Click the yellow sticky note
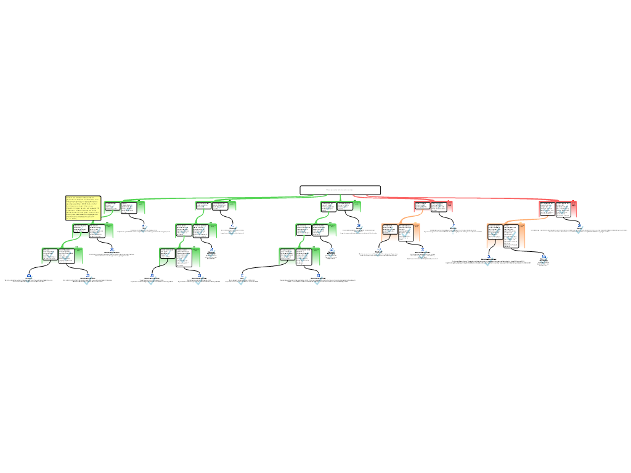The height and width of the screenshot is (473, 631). coord(83,208)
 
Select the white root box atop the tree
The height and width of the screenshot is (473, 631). coord(340,190)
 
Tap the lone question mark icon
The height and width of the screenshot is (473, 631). coord(453,230)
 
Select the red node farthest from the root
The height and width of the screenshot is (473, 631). coord(558,209)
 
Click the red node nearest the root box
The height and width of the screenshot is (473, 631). coord(433,206)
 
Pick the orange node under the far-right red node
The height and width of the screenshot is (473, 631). coord(505,235)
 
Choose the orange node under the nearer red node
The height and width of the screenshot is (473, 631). coord(400,232)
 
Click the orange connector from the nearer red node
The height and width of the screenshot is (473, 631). coord(409,216)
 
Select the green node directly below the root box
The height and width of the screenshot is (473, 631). coord(340,206)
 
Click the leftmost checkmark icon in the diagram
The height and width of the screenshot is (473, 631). coord(29,279)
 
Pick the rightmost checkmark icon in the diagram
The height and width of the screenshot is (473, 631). coord(579,230)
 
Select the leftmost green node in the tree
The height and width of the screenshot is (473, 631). coord(62,256)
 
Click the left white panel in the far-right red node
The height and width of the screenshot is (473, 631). coord(547,208)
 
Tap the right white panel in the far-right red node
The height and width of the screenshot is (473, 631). coord(563,209)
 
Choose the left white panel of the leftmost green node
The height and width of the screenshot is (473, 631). coord(50,255)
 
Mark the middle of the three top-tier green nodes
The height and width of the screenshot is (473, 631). coord(215,206)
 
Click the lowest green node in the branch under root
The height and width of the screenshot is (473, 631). coord(299,256)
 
